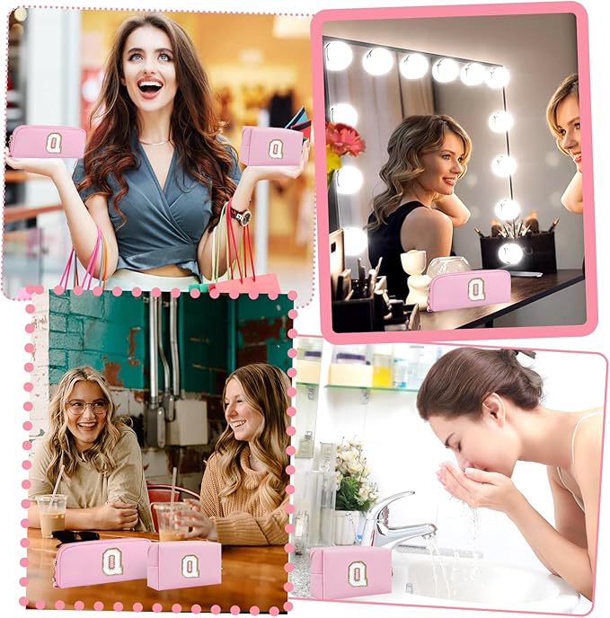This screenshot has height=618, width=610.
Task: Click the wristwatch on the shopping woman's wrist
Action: [x=241, y=216]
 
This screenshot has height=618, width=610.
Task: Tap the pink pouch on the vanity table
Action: [x=468, y=291]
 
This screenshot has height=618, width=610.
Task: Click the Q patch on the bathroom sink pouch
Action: [x=358, y=573]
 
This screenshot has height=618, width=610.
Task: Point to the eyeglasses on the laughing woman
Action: [x=87, y=408]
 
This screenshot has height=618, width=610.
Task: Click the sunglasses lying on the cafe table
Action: [x=75, y=537]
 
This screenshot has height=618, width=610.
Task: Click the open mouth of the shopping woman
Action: [x=150, y=87]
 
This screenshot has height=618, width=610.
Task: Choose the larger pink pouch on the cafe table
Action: [x=102, y=563]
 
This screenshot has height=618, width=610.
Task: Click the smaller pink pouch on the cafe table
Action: [x=184, y=565]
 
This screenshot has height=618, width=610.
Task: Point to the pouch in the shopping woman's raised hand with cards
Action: [x=272, y=146]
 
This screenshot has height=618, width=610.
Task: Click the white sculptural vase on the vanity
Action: [x=416, y=277]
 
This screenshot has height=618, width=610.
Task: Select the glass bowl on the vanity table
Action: [x=448, y=267]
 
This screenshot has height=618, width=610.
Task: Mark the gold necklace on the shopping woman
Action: [x=156, y=143]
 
